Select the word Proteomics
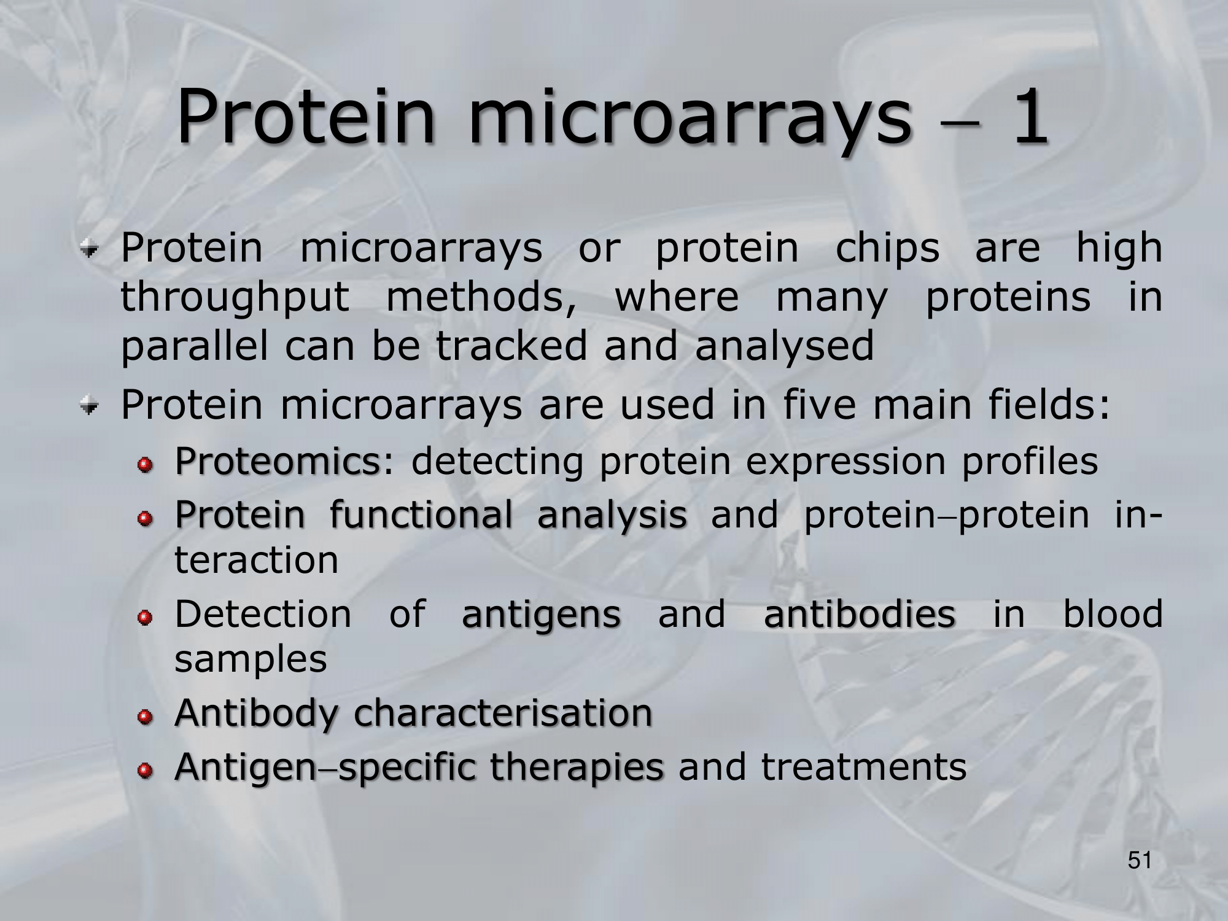pyautogui.click(x=278, y=462)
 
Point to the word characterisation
pyautogui.click(x=503, y=713)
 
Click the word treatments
pyautogui.click(x=864, y=767)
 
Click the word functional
pyautogui.click(x=421, y=515)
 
